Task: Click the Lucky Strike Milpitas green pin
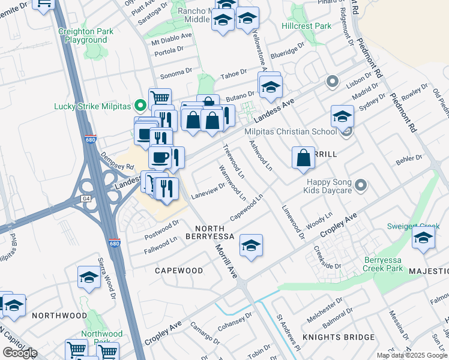point(141,106)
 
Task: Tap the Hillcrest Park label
point(306,26)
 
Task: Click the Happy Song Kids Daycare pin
point(361,185)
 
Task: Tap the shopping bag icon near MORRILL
point(304,158)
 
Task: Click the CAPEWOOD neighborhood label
point(179,271)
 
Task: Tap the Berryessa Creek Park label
point(391,264)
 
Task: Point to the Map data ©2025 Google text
point(412,355)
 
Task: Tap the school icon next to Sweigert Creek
point(423,239)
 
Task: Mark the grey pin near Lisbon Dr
point(331,81)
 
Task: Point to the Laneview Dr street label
point(208,190)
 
